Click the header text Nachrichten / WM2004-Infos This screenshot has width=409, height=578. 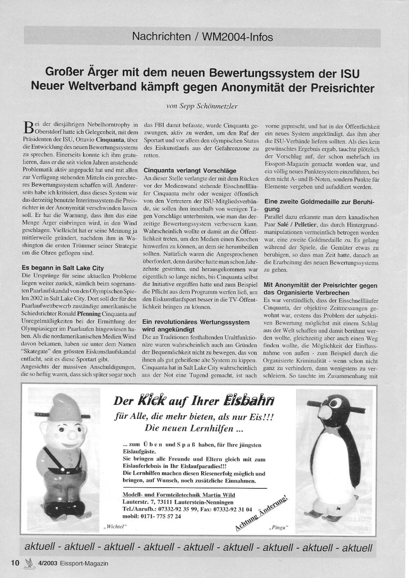tap(202, 37)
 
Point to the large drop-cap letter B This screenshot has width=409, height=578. tap(28, 127)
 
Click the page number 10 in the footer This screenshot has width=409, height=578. tap(15, 563)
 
